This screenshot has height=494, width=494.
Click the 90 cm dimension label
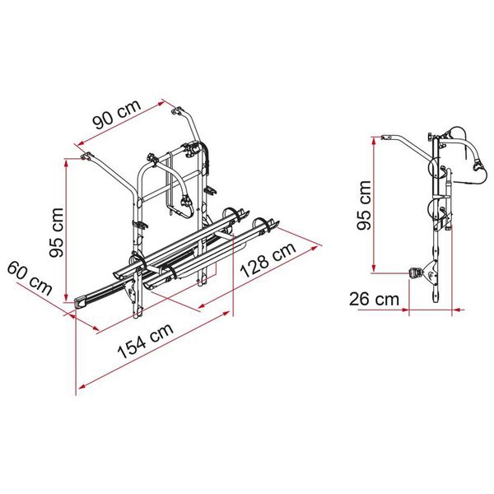[117, 114]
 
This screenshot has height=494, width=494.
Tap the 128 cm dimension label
[268, 259]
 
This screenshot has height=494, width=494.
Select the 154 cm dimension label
[146, 341]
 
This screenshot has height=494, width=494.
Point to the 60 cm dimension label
[30, 278]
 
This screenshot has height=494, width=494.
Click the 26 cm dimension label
[374, 300]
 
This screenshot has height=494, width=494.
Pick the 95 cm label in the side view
[365, 205]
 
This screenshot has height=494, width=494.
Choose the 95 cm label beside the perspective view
[57, 232]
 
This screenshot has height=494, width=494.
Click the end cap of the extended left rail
[81, 303]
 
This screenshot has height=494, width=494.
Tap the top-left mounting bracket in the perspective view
[86, 156]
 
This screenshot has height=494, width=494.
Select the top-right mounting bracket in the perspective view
[177, 111]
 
